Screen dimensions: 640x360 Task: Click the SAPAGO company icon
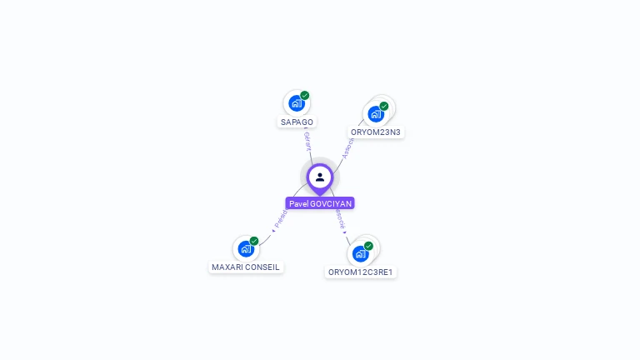coord(295,103)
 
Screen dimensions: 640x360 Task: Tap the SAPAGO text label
coord(297,122)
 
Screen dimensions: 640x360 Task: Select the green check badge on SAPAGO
coord(305,95)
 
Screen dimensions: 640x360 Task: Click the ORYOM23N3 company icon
coord(375,113)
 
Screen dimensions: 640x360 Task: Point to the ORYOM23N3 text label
coord(376,132)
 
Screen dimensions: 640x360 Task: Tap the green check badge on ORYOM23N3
coord(384,106)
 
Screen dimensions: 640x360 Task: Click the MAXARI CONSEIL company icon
coord(245,248)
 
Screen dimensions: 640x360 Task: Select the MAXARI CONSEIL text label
coord(246,267)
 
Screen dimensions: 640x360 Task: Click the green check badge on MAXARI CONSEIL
coord(254,241)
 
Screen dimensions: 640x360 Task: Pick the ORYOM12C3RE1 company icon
coord(360,253)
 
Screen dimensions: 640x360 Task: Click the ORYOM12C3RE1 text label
coord(361,272)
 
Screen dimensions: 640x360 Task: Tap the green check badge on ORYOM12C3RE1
coord(368,246)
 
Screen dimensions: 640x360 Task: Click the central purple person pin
coord(320,177)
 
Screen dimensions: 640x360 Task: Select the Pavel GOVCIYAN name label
coord(321,203)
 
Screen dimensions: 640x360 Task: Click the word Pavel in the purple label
coord(298,203)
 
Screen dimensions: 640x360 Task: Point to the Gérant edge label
coord(307,140)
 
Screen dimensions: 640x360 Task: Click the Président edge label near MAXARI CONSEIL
coord(280,219)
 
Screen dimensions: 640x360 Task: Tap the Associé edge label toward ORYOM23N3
coord(348,147)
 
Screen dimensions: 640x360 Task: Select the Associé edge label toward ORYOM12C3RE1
coord(341,220)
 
